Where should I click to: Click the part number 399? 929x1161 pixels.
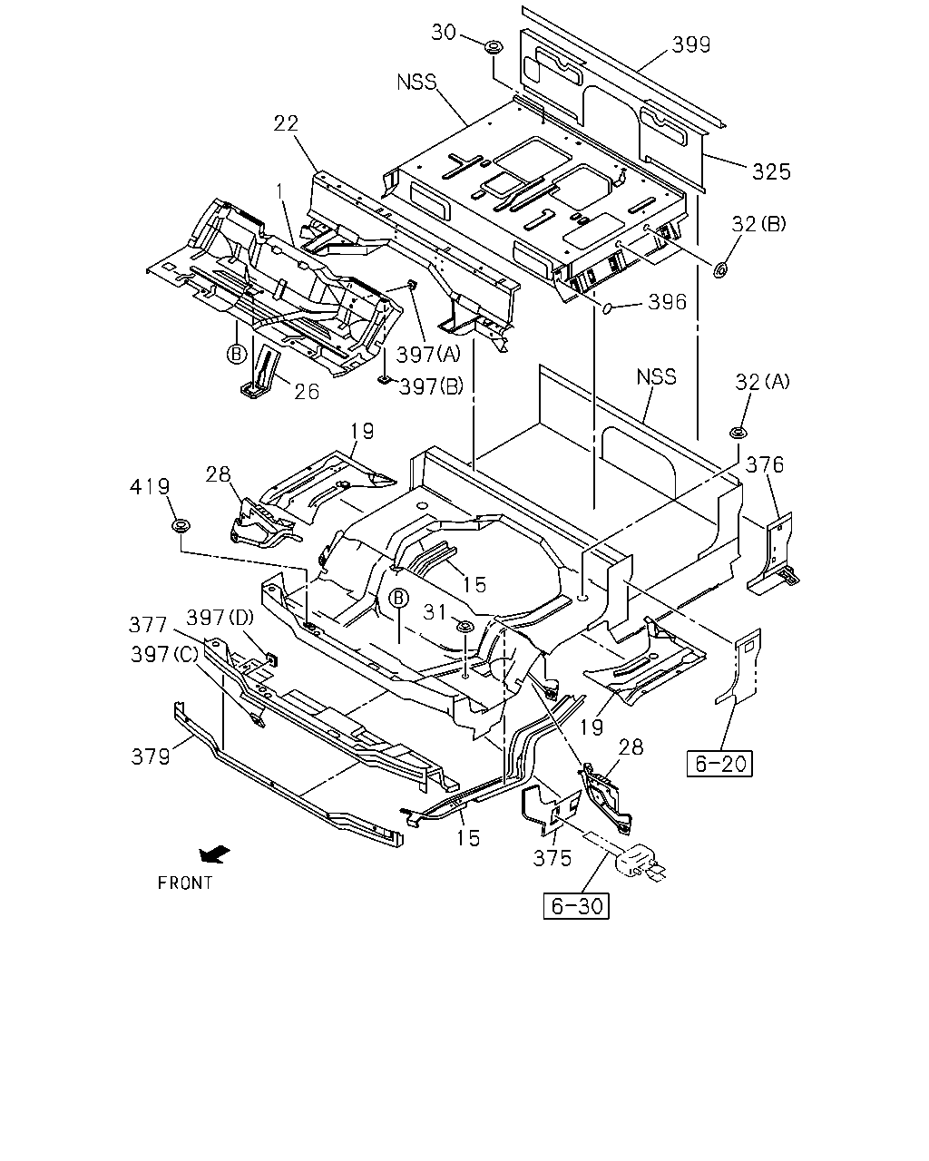click(691, 44)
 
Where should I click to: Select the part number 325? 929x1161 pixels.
click(771, 172)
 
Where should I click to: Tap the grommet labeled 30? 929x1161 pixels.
click(494, 47)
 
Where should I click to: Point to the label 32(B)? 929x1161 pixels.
click(759, 224)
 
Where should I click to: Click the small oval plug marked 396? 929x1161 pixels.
click(607, 308)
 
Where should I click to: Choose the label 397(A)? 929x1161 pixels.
click(429, 355)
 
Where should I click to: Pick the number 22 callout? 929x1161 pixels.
click(286, 123)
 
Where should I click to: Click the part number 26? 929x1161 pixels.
click(307, 392)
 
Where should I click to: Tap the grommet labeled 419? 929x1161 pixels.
click(181, 525)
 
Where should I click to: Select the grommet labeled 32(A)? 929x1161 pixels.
click(738, 433)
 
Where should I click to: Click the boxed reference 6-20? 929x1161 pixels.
click(719, 763)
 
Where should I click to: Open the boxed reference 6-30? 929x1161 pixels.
click(576, 905)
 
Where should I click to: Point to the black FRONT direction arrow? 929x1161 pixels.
click(214, 854)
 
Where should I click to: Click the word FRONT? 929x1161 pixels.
click(185, 883)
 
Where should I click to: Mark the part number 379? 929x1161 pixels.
click(151, 756)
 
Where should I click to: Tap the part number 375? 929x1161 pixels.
click(553, 858)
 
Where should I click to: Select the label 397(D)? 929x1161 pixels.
click(220, 617)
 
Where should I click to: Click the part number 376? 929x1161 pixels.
click(765, 464)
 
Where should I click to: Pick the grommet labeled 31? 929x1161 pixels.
click(464, 627)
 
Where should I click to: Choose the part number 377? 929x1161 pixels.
click(148, 625)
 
